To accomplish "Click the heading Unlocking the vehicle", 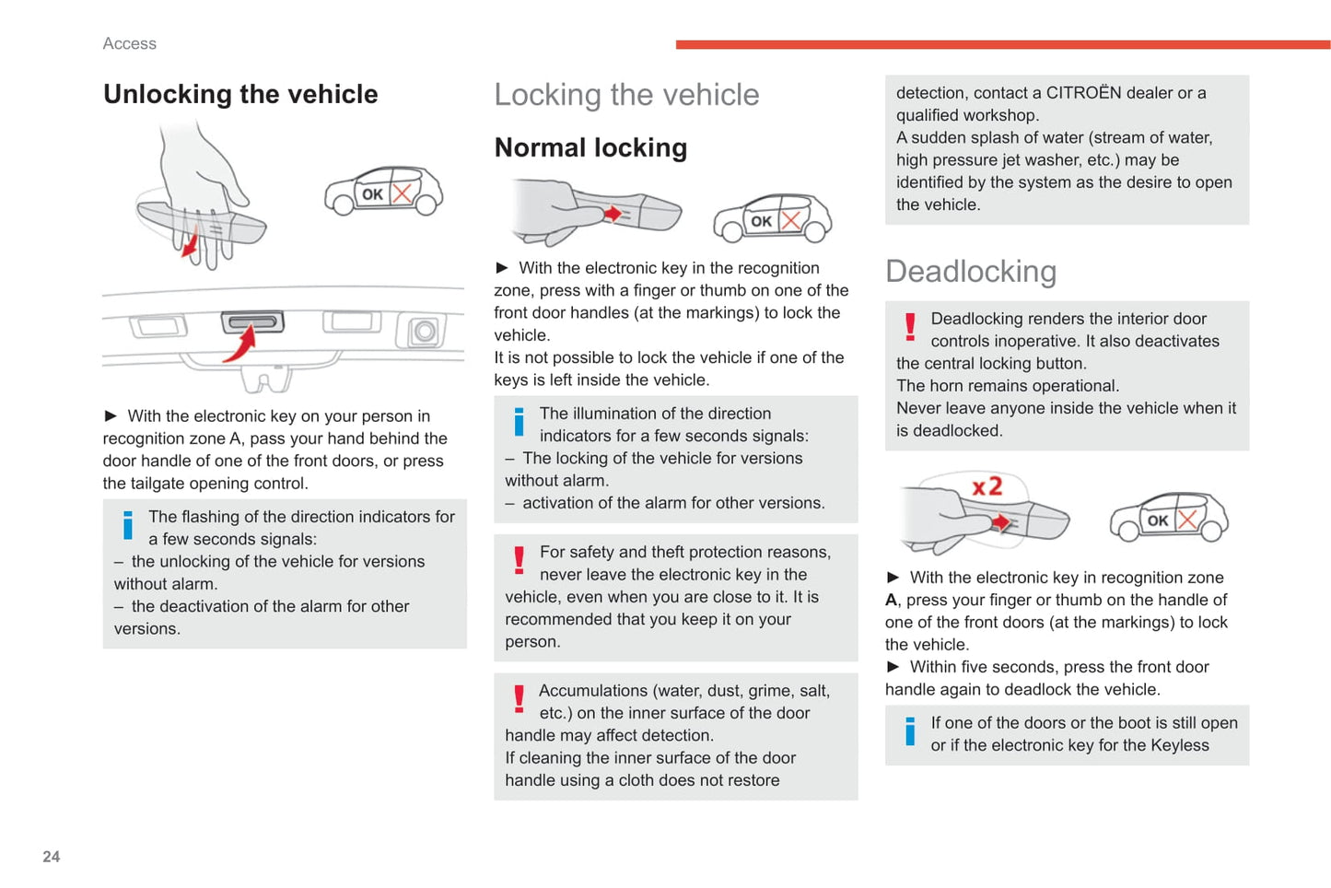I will click(240, 94).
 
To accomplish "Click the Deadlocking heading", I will click(971, 272).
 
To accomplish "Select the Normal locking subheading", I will click(590, 147).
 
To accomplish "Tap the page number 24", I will click(52, 857).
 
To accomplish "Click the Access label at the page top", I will click(130, 43).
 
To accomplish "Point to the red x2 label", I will click(987, 486).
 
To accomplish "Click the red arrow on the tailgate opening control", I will click(241, 345).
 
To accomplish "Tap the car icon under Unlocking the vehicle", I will click(383, 192).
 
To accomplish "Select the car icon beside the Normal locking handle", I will click(772, 218).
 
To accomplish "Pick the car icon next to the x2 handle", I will click(1168, 517).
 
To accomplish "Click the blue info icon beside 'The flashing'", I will click(128, 525).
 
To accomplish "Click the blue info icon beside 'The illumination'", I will click(519, 422).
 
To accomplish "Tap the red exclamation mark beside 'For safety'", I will click(519, 560).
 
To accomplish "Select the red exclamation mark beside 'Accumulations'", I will click(519, 699).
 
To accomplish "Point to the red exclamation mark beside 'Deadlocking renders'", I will click(910, 327).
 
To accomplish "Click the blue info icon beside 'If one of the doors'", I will click(910, 731).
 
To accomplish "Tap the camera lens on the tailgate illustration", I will click(425, 331).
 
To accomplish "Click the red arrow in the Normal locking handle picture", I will click(611, 214).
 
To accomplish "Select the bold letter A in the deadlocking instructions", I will click(891, 601).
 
